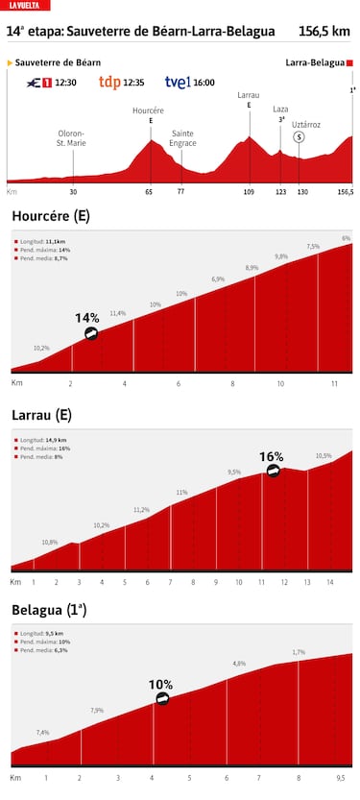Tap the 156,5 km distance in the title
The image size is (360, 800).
pos(324,32)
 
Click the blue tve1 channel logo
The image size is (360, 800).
pos(178,83)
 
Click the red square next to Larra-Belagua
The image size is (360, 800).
pos(350,62)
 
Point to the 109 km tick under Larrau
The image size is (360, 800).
pos(249,192)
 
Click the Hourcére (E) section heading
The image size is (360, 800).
pos(51,216)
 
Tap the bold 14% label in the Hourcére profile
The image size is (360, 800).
pos(87,317)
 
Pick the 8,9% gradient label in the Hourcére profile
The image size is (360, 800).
pos(252,267)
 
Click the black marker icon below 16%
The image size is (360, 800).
pos(274,472)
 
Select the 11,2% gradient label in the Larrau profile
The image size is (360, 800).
pos(141,510)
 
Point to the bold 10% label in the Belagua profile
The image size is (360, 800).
pos(160,685)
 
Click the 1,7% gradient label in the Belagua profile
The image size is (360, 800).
pos(300,652)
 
